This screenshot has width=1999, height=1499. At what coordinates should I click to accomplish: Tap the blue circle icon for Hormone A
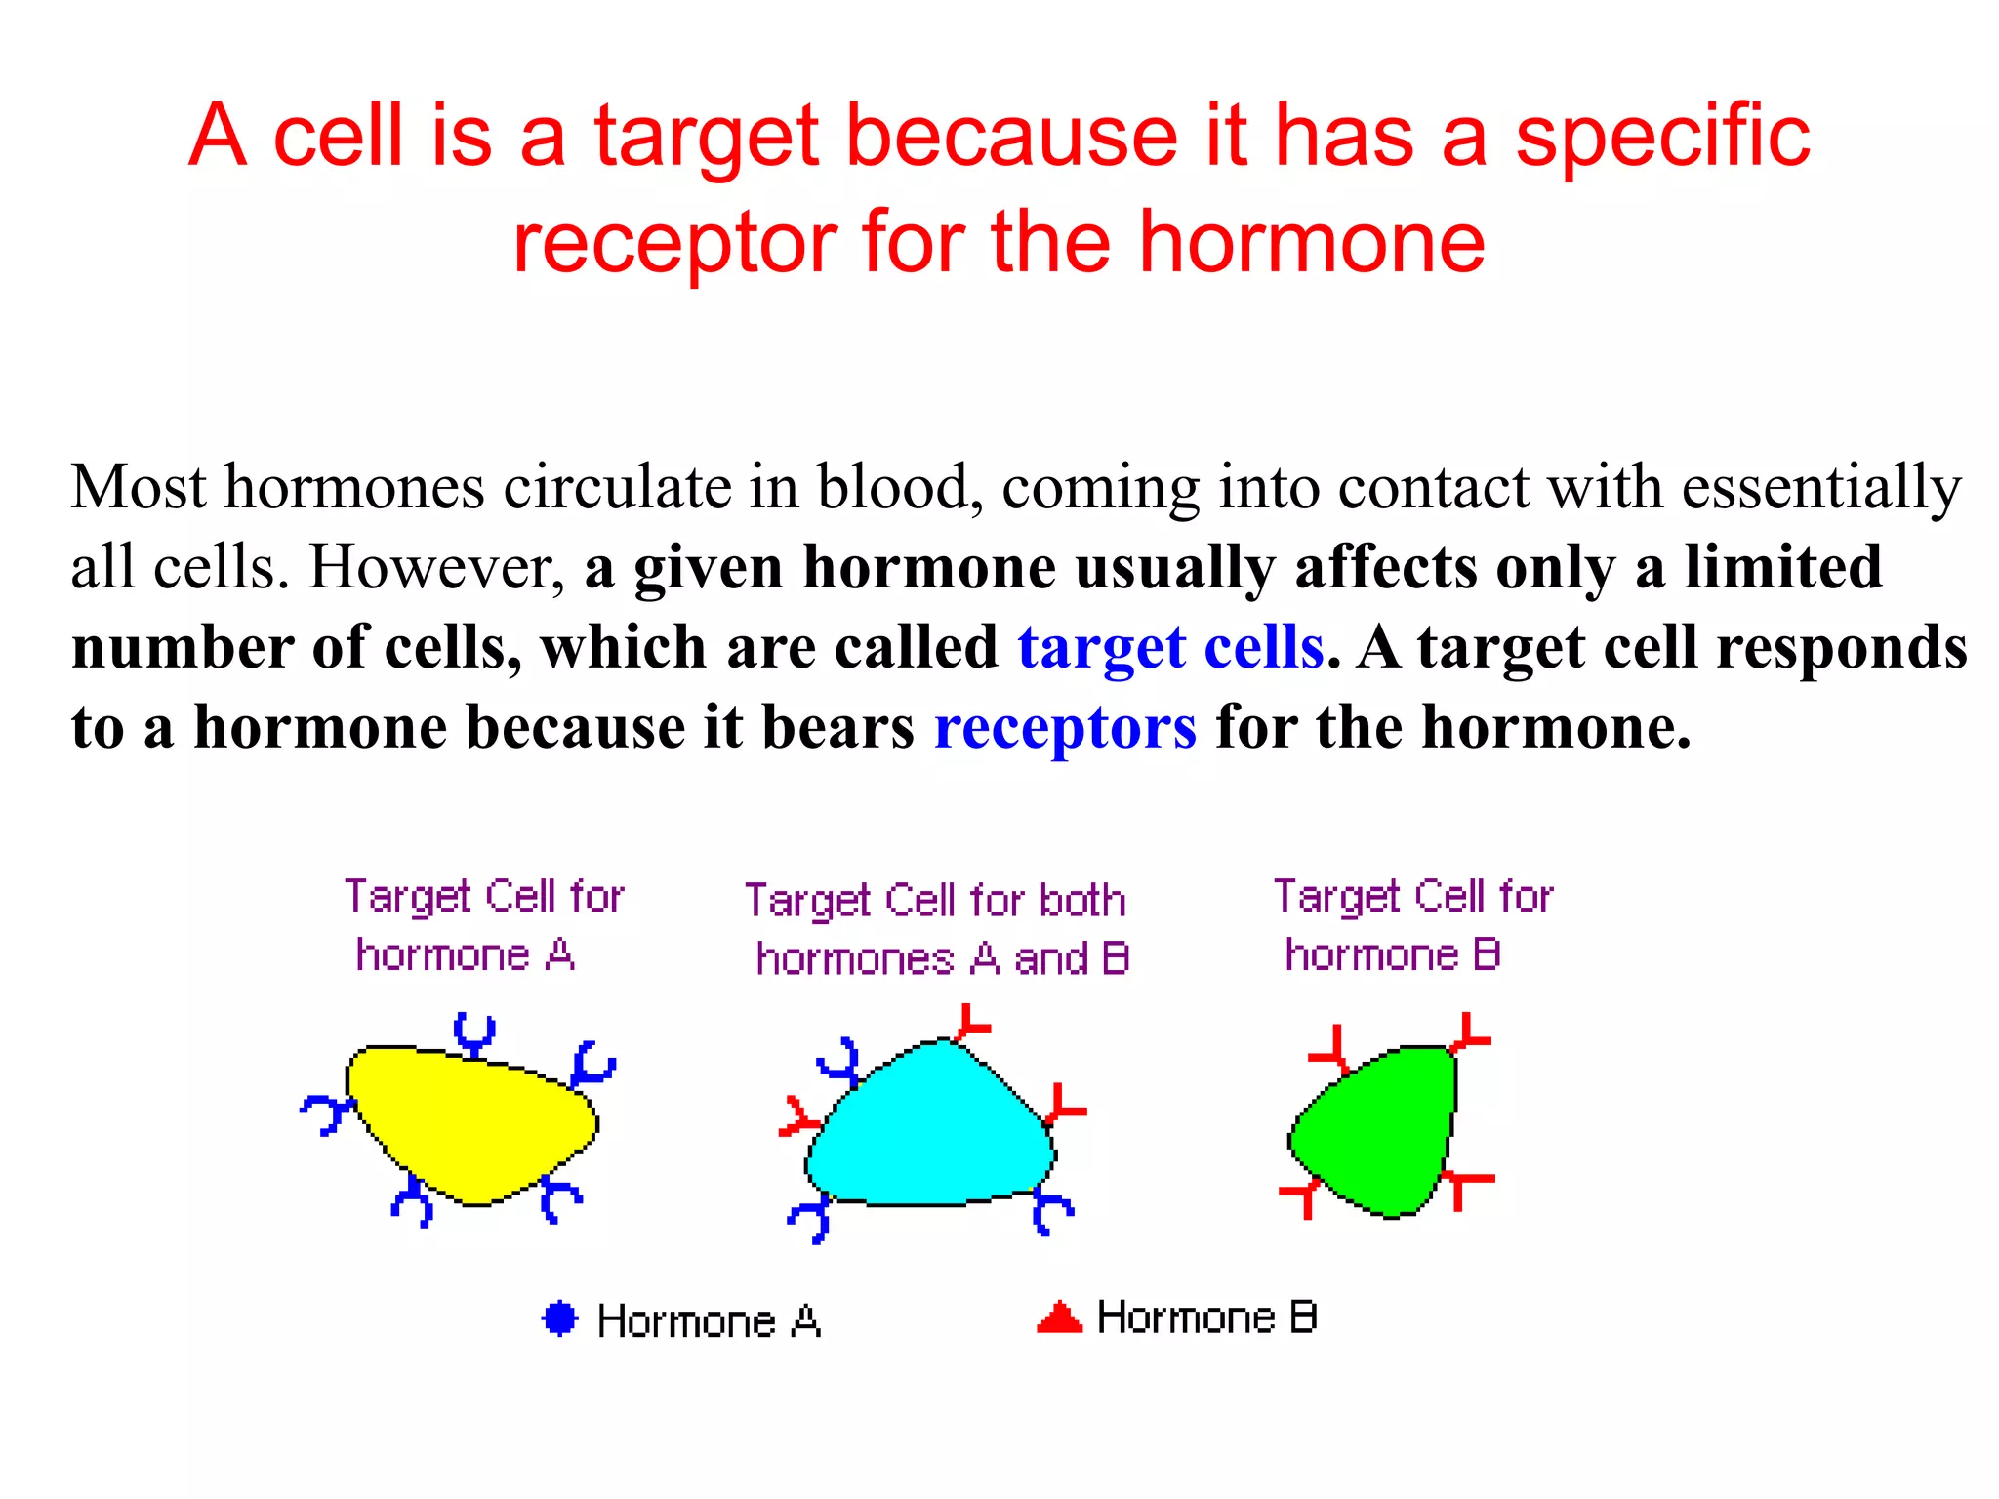(560, 1318)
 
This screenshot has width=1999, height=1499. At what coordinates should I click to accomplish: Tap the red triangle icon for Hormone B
(1059, 1318)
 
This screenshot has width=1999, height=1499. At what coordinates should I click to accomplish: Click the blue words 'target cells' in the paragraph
(1170, 648)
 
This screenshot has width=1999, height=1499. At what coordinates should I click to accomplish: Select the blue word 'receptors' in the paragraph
(1065, 728)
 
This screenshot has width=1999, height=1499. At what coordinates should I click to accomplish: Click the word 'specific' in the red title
(1662, 137)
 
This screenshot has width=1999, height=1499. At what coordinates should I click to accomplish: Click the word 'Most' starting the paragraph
(139, 488)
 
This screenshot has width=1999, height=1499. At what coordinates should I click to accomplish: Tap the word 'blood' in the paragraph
(899, 488)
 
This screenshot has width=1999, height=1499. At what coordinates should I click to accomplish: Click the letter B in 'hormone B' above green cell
(1486, 954)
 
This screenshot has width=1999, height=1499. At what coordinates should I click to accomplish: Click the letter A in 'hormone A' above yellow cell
(559, 954)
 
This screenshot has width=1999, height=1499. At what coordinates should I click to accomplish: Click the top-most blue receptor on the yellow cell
(475, 1034)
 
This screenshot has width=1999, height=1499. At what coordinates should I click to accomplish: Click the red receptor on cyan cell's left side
(800, 1118)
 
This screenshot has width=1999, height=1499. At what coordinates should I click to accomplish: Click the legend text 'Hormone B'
(1206, 1318)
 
